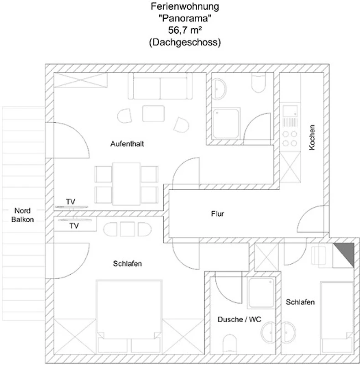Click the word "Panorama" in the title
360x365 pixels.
point(185,18)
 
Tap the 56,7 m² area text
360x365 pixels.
point(185,30)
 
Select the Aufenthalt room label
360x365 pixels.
point(127,144)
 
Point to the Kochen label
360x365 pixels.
point(312,137)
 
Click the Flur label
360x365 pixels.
point(218,214)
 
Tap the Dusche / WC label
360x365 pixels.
point(240,319)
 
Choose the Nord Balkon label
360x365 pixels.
point(23,215)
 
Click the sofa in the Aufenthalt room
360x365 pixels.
point(160,86)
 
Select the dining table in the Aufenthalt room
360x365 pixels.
point(126,184)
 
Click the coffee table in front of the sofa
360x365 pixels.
point(153,114)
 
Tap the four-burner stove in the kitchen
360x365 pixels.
point(290,139)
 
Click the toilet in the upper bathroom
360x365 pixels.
point(259,83)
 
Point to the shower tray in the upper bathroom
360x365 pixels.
point(226,123)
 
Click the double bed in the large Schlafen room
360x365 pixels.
point(129,310)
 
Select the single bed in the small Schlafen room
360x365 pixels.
point(337,318)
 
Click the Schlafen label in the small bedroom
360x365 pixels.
point(300,302)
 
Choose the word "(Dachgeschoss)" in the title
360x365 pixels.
point(185,42)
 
